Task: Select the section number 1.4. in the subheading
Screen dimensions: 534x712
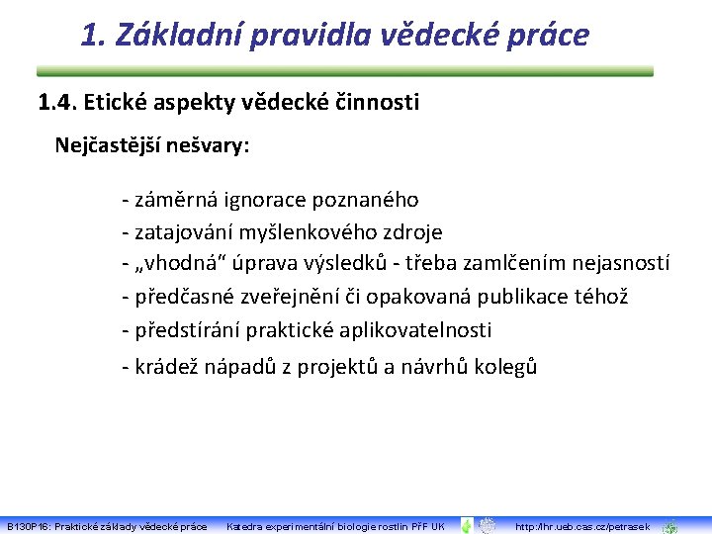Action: point(57,102)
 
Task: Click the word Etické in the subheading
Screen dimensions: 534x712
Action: point(115,102)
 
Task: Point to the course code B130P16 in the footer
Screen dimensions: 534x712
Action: point(28,526)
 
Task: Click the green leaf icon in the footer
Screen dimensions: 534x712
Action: point(467,525)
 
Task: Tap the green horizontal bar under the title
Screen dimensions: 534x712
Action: point(345,71)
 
